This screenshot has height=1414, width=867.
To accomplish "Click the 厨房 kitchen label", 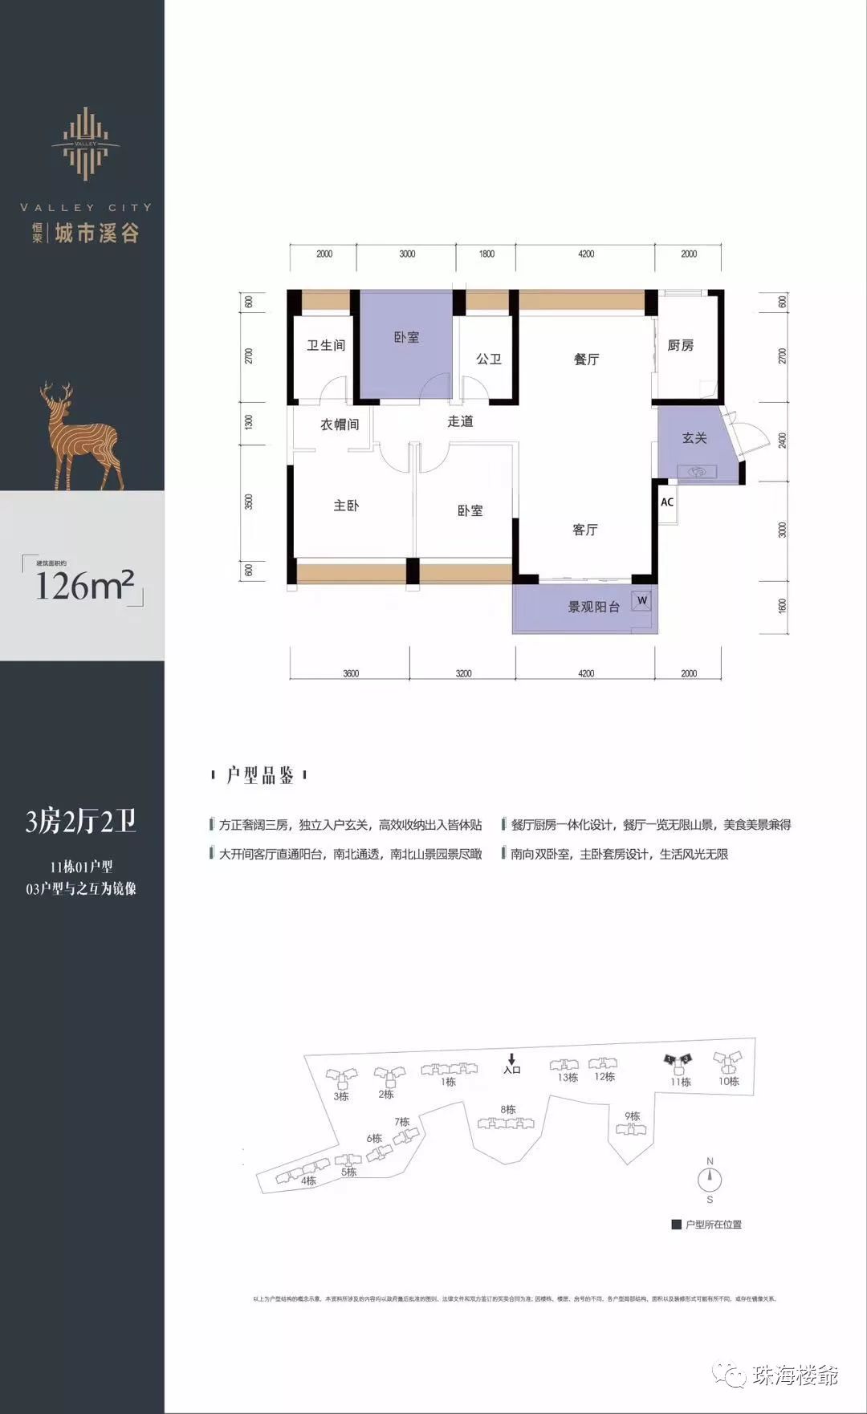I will point(680,346).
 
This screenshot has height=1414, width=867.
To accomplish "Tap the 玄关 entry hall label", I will point(694,438).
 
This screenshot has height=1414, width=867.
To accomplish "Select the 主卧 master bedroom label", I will point(346,506).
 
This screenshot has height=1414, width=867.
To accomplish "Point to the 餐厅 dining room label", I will point(586,359).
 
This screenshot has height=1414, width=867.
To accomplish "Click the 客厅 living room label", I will point(584,530).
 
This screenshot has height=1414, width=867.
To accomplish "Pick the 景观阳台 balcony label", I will point(593,607).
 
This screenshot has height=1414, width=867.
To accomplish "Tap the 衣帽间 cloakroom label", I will point(340,425).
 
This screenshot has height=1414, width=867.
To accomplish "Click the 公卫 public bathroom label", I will point(488,359).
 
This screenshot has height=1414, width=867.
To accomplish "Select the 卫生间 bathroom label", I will point(326,346).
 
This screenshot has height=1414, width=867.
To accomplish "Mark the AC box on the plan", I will point(666,503).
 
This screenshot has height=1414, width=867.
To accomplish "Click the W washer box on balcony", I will point(641,600).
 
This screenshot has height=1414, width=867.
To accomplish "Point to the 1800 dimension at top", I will point(486,254).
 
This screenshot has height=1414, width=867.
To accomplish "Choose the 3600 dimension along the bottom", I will point(351,673).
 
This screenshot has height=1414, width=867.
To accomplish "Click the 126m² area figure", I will point(83,586).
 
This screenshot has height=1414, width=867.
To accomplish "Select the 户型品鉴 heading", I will point(259,775).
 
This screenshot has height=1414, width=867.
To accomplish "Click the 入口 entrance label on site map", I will point(512,1069).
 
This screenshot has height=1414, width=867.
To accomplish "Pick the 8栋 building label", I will point(507,1110).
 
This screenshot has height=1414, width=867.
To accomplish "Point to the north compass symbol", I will point(710,1180).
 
